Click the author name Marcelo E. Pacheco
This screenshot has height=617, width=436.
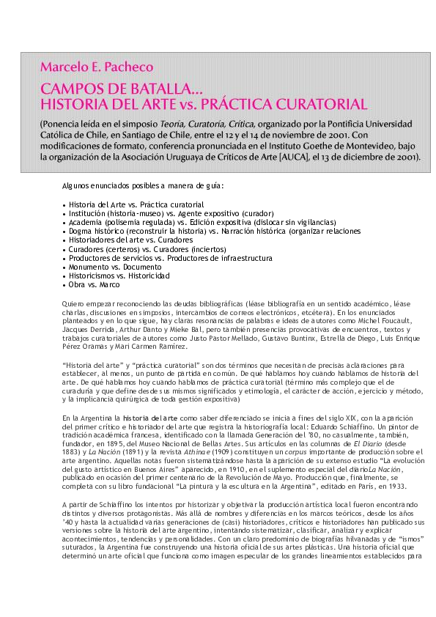[x=97, y=67]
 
